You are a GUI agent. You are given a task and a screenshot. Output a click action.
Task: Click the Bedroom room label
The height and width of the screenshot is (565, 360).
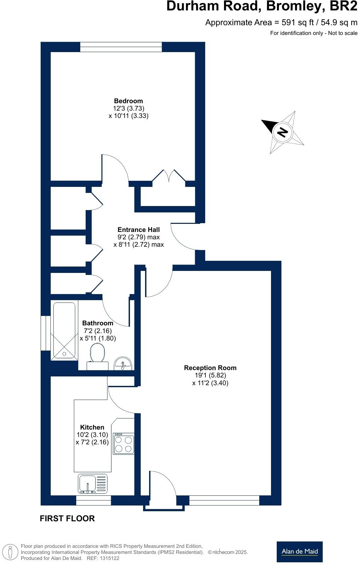128,101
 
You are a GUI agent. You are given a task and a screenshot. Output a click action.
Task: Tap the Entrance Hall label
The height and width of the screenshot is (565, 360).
139,230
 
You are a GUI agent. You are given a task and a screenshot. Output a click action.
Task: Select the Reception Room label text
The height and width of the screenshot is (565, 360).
210,368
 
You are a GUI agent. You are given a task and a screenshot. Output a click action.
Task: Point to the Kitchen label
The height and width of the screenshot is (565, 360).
92,427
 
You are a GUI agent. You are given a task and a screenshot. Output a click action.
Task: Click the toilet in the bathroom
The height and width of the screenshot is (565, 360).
98,356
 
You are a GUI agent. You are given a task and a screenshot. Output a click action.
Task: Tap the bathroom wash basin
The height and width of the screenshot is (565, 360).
123,364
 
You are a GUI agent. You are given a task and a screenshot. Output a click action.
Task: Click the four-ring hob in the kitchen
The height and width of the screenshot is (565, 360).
124,444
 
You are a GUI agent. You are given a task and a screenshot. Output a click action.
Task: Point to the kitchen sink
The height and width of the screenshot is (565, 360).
93,484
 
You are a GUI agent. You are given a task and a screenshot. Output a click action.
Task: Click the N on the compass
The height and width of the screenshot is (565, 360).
282,132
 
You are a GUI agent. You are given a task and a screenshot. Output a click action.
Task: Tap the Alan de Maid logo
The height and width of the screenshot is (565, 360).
300,552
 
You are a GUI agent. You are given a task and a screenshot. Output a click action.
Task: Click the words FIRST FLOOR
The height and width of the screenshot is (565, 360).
67,519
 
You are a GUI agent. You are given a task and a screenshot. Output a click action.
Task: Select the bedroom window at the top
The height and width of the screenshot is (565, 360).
121,47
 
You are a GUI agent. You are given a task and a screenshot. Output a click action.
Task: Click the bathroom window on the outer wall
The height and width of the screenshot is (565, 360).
46,333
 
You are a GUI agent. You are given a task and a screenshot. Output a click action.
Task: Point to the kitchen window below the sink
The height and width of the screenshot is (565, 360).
94,500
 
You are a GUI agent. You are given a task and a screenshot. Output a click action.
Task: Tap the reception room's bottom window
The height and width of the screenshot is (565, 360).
224,500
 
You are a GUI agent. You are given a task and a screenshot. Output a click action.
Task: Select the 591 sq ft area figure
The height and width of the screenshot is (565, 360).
298,23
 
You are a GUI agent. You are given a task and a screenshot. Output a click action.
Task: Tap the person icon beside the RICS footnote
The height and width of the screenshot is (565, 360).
10,552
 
